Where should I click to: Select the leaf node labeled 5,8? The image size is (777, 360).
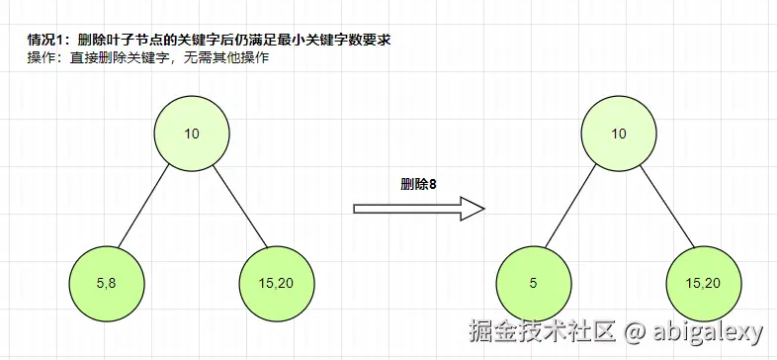(x=108, y=284)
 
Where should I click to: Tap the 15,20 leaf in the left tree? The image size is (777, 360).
(x=276, y=284)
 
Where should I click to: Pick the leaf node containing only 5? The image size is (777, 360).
(x=534, y=284)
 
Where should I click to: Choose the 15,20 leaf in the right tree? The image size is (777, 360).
(x=703, y=284)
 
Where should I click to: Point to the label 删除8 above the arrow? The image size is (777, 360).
(x=418, y=184)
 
